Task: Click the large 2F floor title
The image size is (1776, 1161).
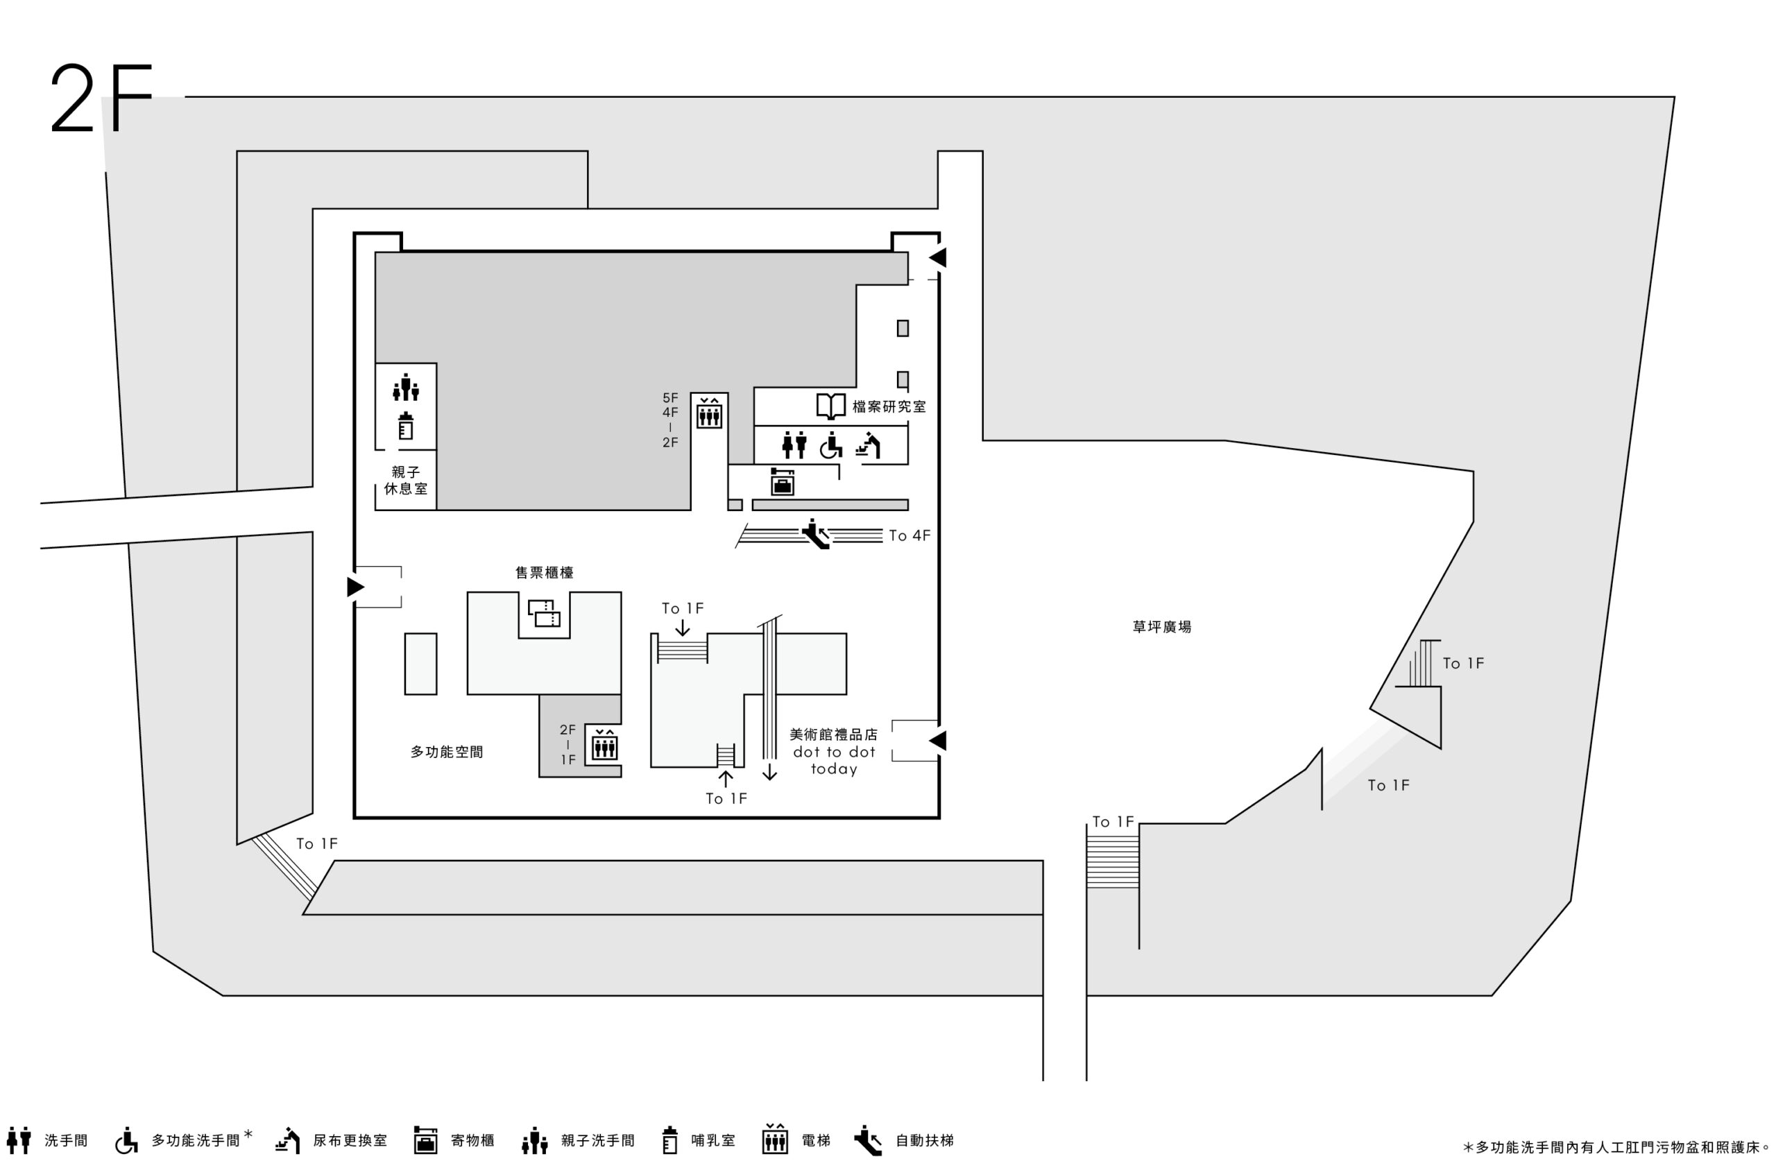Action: pyautogui.click(x=101, y=98)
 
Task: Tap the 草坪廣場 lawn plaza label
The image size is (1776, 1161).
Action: pyautogui.click(x=1162, y=627)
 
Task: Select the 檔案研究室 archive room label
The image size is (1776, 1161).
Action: pyautogui.click(x=889, y=406)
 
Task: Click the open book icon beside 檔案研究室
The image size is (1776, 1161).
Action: pyautogui.click(x=830, y=406)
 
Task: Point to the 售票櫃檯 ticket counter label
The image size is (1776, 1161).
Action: pyautogui.click(x=544, y=572)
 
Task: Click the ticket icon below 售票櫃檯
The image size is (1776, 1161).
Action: pyautogui.click(x=544, y=613)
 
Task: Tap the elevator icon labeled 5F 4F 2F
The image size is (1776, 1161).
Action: pyautogui.click(x=709, y=413)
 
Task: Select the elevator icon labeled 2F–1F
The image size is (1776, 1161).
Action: pyautogui.click(x=604, y=745)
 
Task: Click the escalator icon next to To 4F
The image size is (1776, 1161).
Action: pyautogui.click(x=816, y=534)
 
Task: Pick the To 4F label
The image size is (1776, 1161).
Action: pyautogui.click(x=910, y=535)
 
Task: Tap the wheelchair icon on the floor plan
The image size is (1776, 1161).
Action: pyautogui.click(x=830, y=445)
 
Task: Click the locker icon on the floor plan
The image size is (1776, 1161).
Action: pyautogui.click(x=782, y=482)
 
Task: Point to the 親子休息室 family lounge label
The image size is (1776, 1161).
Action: pyautogui.click(x=406, y=481)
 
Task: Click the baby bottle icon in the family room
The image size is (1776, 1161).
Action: pyautogui.click(x=406, y=426)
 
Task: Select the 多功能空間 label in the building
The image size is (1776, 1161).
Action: pyautogui.click(x=447, y=752)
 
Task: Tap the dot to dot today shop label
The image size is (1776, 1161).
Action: pyautogui.click(x=835, y=760)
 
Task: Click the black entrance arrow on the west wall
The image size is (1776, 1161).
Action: pyautogui.click(x=356, y=587)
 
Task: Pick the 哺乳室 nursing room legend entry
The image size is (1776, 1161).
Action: pyautogui.click(x=699, y=1140)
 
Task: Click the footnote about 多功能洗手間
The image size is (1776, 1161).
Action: pyautogui.click(x=1615, y=1147)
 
